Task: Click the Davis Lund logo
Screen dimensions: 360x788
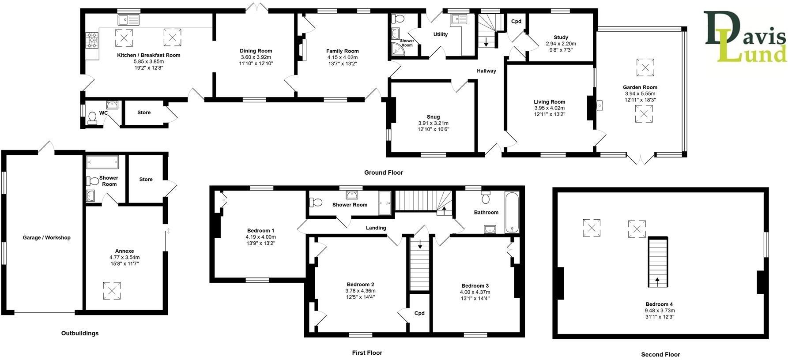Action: (745, 37)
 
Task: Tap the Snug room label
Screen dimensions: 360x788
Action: (433, 117)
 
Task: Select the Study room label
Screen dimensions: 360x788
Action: (561, 37)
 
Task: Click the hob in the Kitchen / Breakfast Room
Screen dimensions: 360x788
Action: (92, 41)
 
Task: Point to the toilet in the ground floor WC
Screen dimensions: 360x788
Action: (92, 117)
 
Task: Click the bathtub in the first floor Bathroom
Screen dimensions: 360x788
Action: (512, 212)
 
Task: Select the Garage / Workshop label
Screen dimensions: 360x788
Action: (46, 238)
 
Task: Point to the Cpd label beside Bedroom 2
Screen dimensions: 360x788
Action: (419, 313)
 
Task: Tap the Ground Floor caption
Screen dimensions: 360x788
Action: (383, 172)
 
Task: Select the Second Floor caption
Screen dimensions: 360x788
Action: (660, 354)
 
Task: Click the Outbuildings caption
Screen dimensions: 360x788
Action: (80, 333)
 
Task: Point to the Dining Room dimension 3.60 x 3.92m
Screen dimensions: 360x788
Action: (256, 57)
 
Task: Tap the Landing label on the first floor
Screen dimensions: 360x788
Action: (376, 228)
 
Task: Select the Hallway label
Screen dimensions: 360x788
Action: (486, 71)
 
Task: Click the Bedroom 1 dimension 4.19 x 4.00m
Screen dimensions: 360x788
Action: (260, 237)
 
